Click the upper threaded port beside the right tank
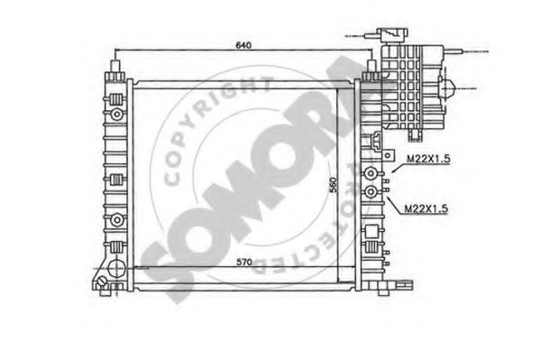[x=370, y=173]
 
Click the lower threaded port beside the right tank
[x=370, y=191]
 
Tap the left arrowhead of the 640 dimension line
[x=119, y=50]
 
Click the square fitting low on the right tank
[x=371, y=242]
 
